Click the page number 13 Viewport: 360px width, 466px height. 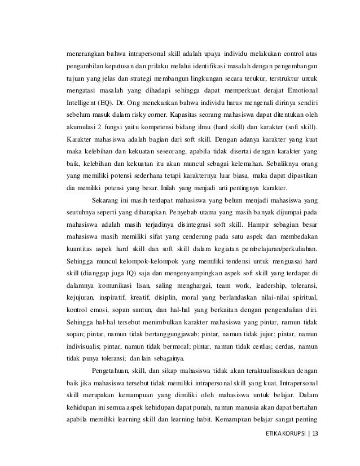pos(314,437)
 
